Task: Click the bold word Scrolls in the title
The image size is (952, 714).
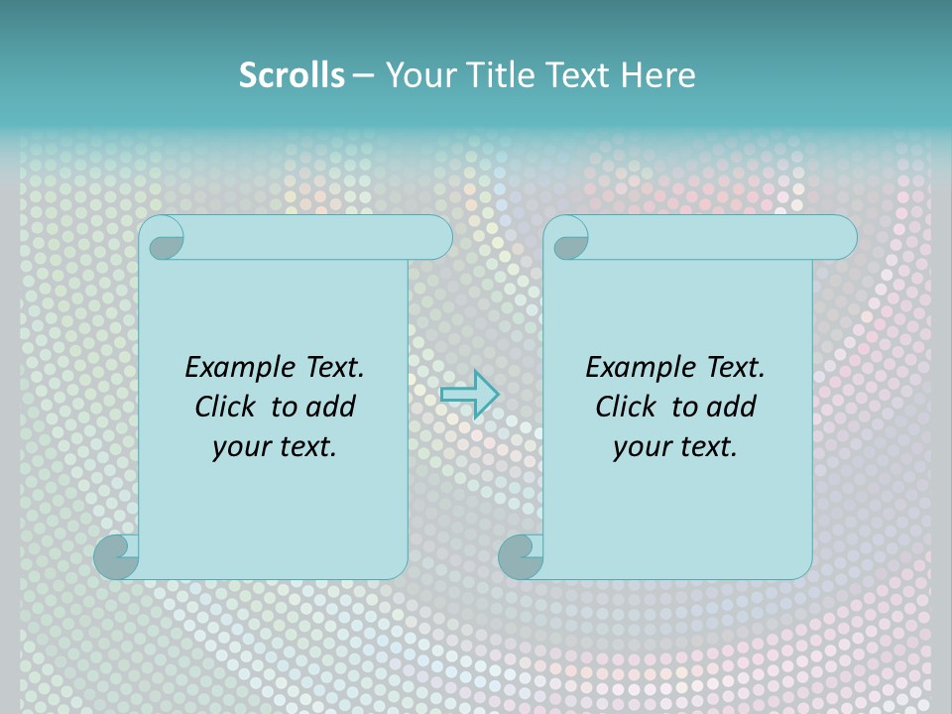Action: click(292, 75)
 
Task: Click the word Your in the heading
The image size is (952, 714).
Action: click(416, 75)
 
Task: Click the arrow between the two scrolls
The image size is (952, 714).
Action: click(469, 394)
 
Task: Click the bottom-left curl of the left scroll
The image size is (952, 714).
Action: click(117, 556)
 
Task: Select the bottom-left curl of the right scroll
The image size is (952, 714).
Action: click(521, 556)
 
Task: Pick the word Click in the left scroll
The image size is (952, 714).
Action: click(224, 407)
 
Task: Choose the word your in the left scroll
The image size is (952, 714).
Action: click(237, 447)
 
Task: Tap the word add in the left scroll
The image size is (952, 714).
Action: click(331, 407)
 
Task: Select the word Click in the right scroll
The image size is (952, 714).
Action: click(625, 407)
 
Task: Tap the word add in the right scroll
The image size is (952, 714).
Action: click(732, 407)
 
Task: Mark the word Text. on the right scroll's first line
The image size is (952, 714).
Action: click(735, 368)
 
